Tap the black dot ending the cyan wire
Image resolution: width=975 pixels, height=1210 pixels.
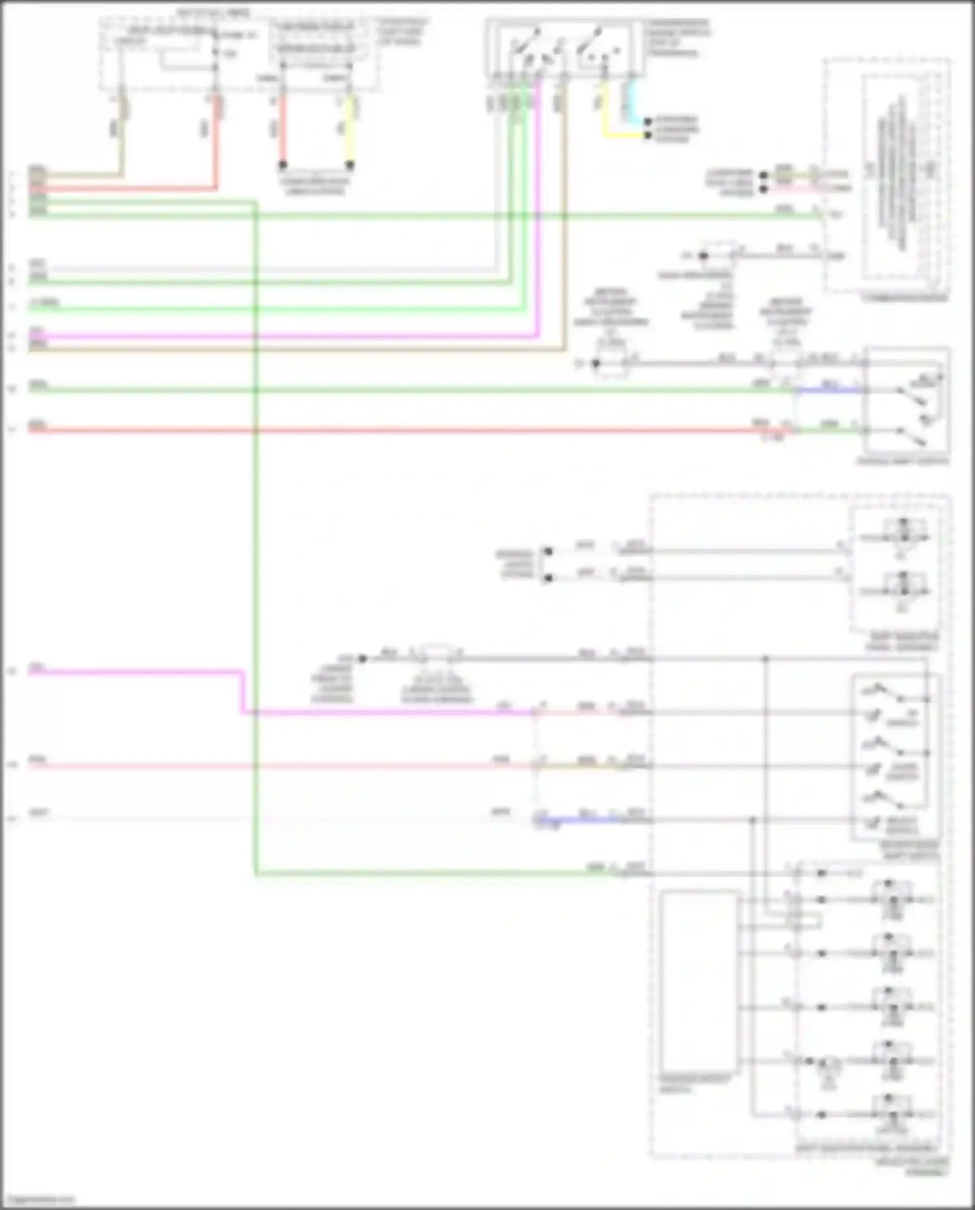[647, 122]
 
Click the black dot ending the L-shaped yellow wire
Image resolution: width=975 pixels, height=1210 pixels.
[647, 135]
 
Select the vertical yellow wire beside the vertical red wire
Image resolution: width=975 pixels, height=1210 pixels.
[350, 130]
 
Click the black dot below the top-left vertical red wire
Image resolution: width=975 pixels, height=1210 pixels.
[283, 165]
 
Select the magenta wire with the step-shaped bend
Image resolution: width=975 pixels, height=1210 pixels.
[244, 692]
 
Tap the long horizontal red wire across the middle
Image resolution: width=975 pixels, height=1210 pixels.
[390, 430]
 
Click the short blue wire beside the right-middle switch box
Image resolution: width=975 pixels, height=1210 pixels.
[825, 390]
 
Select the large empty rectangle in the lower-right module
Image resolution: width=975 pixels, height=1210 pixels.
[699, 982]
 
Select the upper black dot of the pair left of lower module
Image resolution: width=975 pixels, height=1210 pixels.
[548, 551]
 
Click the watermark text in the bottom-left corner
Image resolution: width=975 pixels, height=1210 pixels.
[39, 1200]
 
